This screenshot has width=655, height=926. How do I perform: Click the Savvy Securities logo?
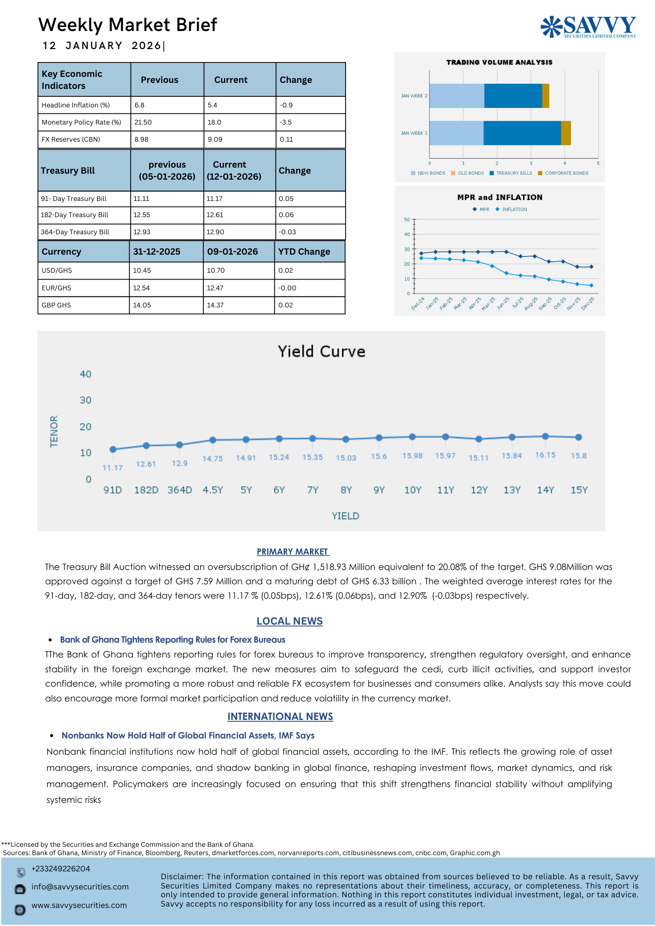588,27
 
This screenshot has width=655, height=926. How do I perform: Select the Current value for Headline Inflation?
213,105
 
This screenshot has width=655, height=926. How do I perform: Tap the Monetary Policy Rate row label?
82,122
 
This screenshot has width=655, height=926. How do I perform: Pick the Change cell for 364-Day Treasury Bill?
287,232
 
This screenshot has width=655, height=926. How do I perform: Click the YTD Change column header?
304,252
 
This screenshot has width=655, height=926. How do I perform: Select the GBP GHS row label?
57,305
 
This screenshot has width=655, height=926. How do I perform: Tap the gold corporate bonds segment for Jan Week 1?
566,133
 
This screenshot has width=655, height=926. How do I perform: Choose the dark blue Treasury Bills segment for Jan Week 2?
513,96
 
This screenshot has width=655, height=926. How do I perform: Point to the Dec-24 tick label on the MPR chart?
418,303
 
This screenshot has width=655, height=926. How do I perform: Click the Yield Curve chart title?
321,351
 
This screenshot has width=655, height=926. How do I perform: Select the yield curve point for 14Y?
545,436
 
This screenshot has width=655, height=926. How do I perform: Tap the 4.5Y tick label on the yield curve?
213,490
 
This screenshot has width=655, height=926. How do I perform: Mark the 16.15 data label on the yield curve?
545,455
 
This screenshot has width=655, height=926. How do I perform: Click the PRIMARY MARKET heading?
293,551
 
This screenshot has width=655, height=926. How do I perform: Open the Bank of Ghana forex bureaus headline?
172,639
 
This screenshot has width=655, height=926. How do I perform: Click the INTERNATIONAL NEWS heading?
280,716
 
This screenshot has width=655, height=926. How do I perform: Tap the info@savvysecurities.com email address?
80,887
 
